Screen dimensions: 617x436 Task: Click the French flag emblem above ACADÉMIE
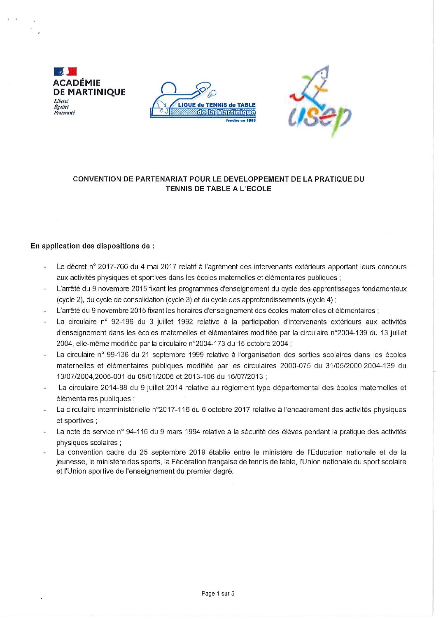click(65, 72)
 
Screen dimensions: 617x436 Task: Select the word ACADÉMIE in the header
click(77, 83)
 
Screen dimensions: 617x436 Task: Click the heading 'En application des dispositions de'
click(92, 246)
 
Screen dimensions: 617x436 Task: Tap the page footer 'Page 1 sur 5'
click(217, 594)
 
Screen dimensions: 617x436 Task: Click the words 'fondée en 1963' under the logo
click(241, 120)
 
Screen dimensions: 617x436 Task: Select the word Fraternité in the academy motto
click(64, 113)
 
